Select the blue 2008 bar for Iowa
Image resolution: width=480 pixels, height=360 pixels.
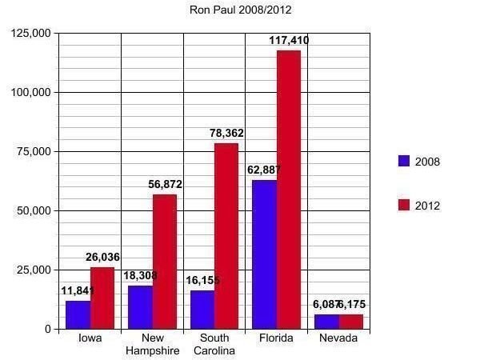pyautogui.click(x=78, y=314)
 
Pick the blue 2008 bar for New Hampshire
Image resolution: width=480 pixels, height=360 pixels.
pyautogui.click(x=140, y=307)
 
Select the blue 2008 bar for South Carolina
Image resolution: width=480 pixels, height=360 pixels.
pyautogui.click(x=202, y=309)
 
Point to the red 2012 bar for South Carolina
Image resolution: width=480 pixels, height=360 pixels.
pyautogui.click(x=226, y=236)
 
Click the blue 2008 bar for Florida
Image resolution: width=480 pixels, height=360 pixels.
pyautogui.click(x=264, y=254)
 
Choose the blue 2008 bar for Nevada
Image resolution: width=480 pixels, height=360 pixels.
pyautogui.click(x=326, y=322)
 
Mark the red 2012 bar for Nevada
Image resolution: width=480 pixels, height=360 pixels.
pyautogui.click(x=350, y=322)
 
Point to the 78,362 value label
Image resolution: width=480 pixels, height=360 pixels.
pyautogui.click(x=226, y=133)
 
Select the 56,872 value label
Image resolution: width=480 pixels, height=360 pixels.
pyautogui.click(x=165, y=184)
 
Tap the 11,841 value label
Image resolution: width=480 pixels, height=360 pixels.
pyautogui.click(x=78, y=290)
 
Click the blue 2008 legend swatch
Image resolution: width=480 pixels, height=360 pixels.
pyautogui.click(x=404, y=161)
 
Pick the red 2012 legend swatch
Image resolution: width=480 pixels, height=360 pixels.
pyautogui.click(x=404, y=205)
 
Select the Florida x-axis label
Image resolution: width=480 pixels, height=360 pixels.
pyautogui.click(x=277, y=338)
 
